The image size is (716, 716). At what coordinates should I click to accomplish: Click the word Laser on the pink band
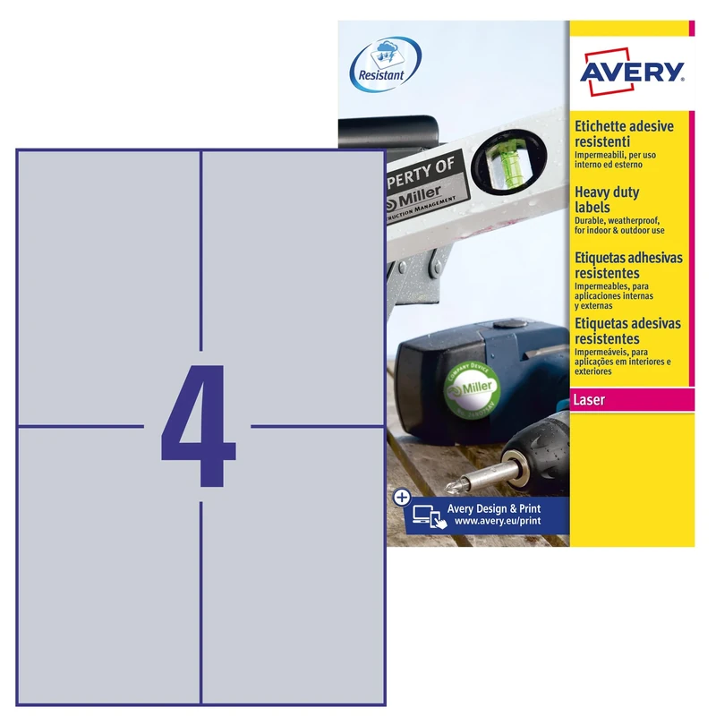click(x=590, y=400)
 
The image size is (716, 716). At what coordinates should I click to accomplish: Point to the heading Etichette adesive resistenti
click(x=623, y=134)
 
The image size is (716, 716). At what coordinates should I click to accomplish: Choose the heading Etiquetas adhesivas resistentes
click(x=626, y=265)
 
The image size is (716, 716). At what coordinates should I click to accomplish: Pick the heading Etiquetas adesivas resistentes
click(x=626, y=332)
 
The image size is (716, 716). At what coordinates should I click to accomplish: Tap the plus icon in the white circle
click(x=401, y=495)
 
